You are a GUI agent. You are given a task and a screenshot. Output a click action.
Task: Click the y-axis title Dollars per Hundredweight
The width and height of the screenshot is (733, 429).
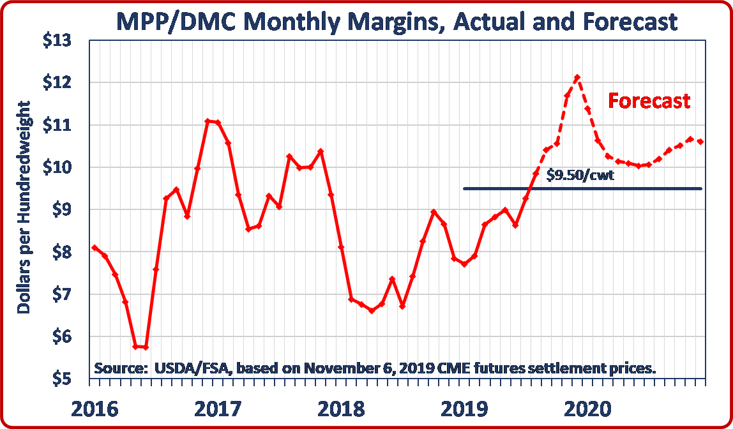click(x=24, y=207)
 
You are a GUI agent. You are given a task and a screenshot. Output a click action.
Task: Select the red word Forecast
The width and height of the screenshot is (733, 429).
click(x=649, y=101)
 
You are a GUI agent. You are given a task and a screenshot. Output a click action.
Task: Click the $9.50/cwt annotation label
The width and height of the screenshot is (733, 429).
click(x=581, y=174)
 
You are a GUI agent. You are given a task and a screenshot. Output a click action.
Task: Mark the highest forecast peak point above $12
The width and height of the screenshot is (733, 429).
click(x=577, y=77)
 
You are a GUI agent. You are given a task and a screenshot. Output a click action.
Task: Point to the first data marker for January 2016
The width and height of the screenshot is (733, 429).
click(x=94, y=248)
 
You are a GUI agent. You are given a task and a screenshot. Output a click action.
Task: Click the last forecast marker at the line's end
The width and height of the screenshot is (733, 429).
click(x=700, y=142)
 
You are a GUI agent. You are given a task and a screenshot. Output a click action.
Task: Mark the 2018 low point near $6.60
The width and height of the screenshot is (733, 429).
click(x=372, y=311)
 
